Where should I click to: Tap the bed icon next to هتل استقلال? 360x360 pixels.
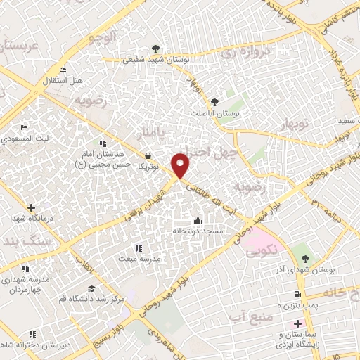pos(63,70)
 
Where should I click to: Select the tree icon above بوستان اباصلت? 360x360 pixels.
pos(215,102)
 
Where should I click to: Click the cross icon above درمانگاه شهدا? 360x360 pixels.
pos(30,207)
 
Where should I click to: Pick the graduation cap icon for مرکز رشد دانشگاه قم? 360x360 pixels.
pos(91,288)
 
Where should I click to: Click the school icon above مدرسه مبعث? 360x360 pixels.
pos(138,247)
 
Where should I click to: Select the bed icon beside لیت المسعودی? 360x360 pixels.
pos(24,128)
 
